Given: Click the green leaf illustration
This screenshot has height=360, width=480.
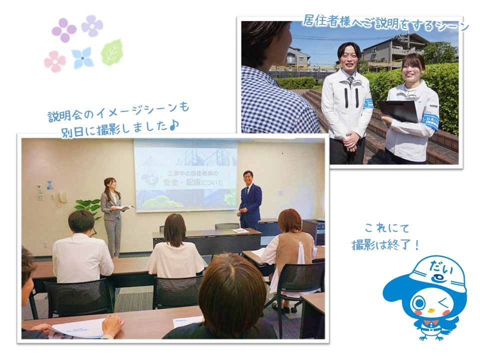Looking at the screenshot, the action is point(112,51).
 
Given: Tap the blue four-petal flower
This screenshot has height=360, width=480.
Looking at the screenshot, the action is point(82,57).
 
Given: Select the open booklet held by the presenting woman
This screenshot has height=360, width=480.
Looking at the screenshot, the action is point(122,208).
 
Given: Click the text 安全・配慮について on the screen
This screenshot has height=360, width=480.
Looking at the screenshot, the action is point(192,182).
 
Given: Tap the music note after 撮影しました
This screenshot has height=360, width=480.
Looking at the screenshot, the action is point(173,124).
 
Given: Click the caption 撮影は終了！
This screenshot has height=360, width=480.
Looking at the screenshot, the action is point(385,245).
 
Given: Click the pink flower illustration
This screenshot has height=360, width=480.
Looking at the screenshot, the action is point(55,61).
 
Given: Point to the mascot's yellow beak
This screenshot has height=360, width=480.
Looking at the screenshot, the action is point(431,310).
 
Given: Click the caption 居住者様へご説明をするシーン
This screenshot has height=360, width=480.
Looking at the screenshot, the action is point(385,23).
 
